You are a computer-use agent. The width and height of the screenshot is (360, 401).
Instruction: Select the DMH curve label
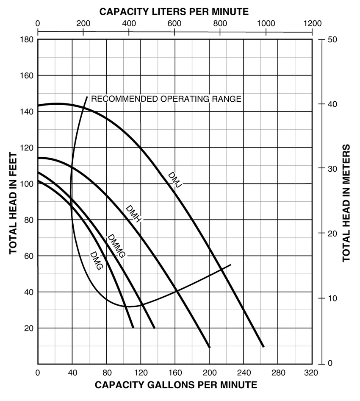pyautogui.click(x=133, y=214)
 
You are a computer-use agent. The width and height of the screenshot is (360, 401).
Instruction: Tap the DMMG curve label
pyautogui.click(x=116, y=246)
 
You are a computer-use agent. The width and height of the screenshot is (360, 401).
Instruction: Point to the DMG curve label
pyautogui.click(x=97, y=262)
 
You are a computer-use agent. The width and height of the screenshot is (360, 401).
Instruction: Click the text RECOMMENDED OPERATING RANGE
pyautogui.click(x=166, y=99)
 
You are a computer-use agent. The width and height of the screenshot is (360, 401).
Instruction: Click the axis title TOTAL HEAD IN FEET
pyautogui.click(x=14, y=201)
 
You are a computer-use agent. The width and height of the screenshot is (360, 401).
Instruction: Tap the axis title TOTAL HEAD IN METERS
pyautogui.click(x=346, y=203)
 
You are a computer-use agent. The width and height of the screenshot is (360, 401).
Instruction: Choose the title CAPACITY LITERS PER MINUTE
pyautogui.click(x=174, y=11)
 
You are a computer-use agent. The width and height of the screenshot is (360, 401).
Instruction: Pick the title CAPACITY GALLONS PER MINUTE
pyautogui.click(x=175, y=385)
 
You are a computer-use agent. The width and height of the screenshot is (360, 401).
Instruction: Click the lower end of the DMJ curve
pyautogui.click(x=263, y=347)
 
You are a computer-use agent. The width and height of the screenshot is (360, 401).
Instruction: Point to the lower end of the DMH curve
pyautogui.click(x=209, y=347)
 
